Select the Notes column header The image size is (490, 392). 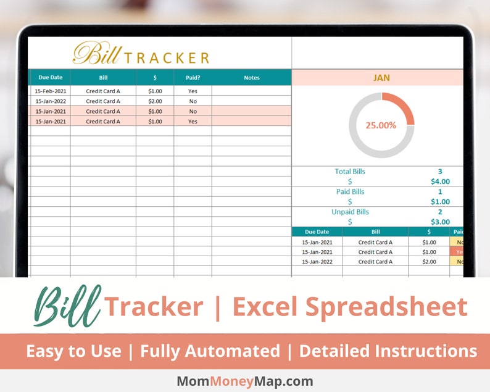pyautogui.click(x=252, y=78)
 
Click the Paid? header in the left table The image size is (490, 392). pyautogui.click(x=193, y=78)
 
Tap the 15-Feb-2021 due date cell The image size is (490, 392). pyautogui.click(x=50, y=91)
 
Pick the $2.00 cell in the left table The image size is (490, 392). pyautogui.click(x=155, y=101)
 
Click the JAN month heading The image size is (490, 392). pyautogui.click(x=381, y=78)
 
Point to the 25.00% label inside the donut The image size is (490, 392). pyautogui.click(x=381, y=125)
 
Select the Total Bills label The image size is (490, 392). pyautogui.click(x=350, y=172)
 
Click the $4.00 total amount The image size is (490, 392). pyautogui.click(x=440, y=181)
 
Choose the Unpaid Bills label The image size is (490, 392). pyautogui.click(x=350, y=212)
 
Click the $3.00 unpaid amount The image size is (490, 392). pyautogui.click(x=440, y=222)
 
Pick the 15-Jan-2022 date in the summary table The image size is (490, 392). pyautogui.click(x=317, y=262)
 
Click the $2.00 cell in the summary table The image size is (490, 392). pyautogui.click(x=429, y=262)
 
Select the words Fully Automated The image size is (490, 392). pyautogui.click(x=210, y=351)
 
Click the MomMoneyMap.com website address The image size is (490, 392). pyautogui.click(x=245, y=382)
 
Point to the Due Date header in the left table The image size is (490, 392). pyautogui.click(x=51, y=78)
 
